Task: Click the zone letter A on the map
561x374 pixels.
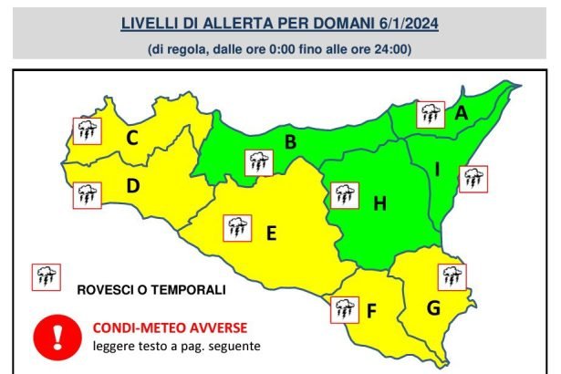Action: pos(462,113)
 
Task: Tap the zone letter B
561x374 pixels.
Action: pos(290,141)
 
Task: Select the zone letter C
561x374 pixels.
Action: pos(132,139)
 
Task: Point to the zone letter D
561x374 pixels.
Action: pos(132,187)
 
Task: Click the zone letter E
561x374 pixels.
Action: pos(271,234)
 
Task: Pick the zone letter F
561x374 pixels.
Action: pos(371,311)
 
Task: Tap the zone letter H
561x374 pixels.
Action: pos(380,203)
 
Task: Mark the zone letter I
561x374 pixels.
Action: pos(437,169)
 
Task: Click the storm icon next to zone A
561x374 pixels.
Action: pos(430,114)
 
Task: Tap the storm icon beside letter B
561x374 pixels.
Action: pos(259,162)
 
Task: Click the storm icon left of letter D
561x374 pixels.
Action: pos(88,194)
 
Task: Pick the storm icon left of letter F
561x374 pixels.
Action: pos(344,309)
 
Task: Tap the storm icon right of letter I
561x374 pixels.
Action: pos(473,178)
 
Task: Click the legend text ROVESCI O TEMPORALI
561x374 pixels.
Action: pos(151,290)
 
